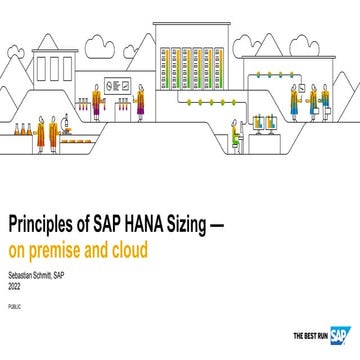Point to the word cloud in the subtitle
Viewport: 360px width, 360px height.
point(125,244)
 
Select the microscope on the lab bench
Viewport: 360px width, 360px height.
point(63,126)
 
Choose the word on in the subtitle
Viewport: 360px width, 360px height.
point(16,244)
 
